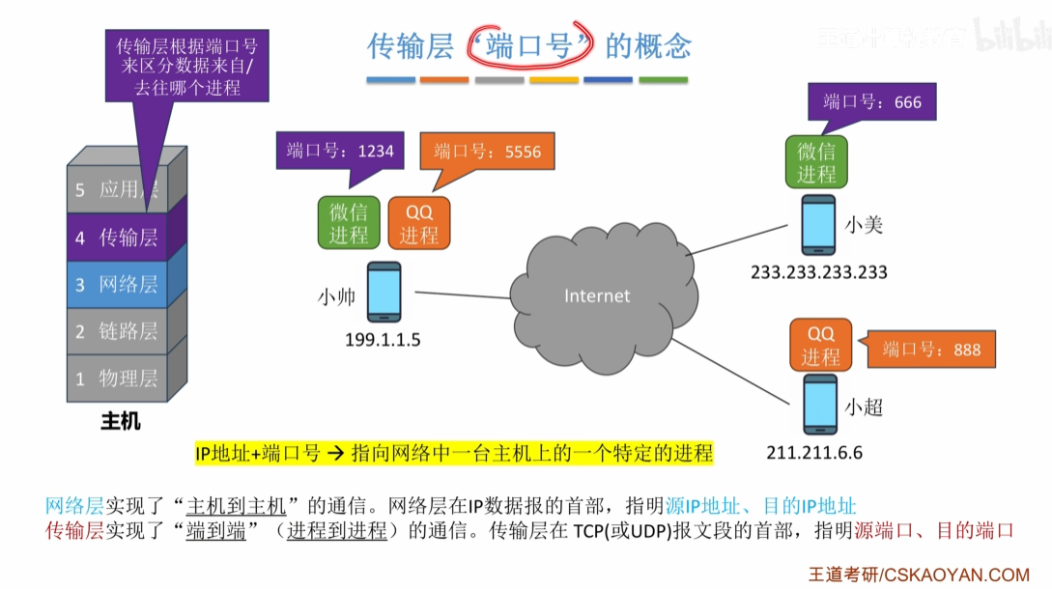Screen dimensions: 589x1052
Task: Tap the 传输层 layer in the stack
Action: click(x=117, y=237)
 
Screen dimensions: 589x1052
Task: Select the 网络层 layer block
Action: click(x=117, y=284)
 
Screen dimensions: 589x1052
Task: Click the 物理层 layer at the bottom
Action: click(x=117, y=379)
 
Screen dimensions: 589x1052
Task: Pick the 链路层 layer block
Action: click(x=117, y=331)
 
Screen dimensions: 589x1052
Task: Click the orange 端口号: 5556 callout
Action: click(x=487, y=152)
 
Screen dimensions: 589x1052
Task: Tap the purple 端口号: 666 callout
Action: click(x=871, y=102)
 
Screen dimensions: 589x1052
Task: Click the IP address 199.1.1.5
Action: click(x=384, y=340)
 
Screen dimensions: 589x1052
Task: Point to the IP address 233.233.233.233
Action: click(x=819, y=272)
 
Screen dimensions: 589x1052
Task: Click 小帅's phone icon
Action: click(x=384, y=291)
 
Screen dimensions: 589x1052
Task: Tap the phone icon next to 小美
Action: click(x=818, y=225)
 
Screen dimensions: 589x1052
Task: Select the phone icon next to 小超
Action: click(x=819, y=406)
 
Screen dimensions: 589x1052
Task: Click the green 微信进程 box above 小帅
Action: click(x=349, y=223)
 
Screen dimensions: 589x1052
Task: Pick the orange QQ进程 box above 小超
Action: click(x=820, y=345)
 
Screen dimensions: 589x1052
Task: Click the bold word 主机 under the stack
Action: click(x=121, y=421)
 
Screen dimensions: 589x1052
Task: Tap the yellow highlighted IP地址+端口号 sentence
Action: click(x=454, y=453)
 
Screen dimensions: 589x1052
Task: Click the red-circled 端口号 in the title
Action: click(x=527, y=44)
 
